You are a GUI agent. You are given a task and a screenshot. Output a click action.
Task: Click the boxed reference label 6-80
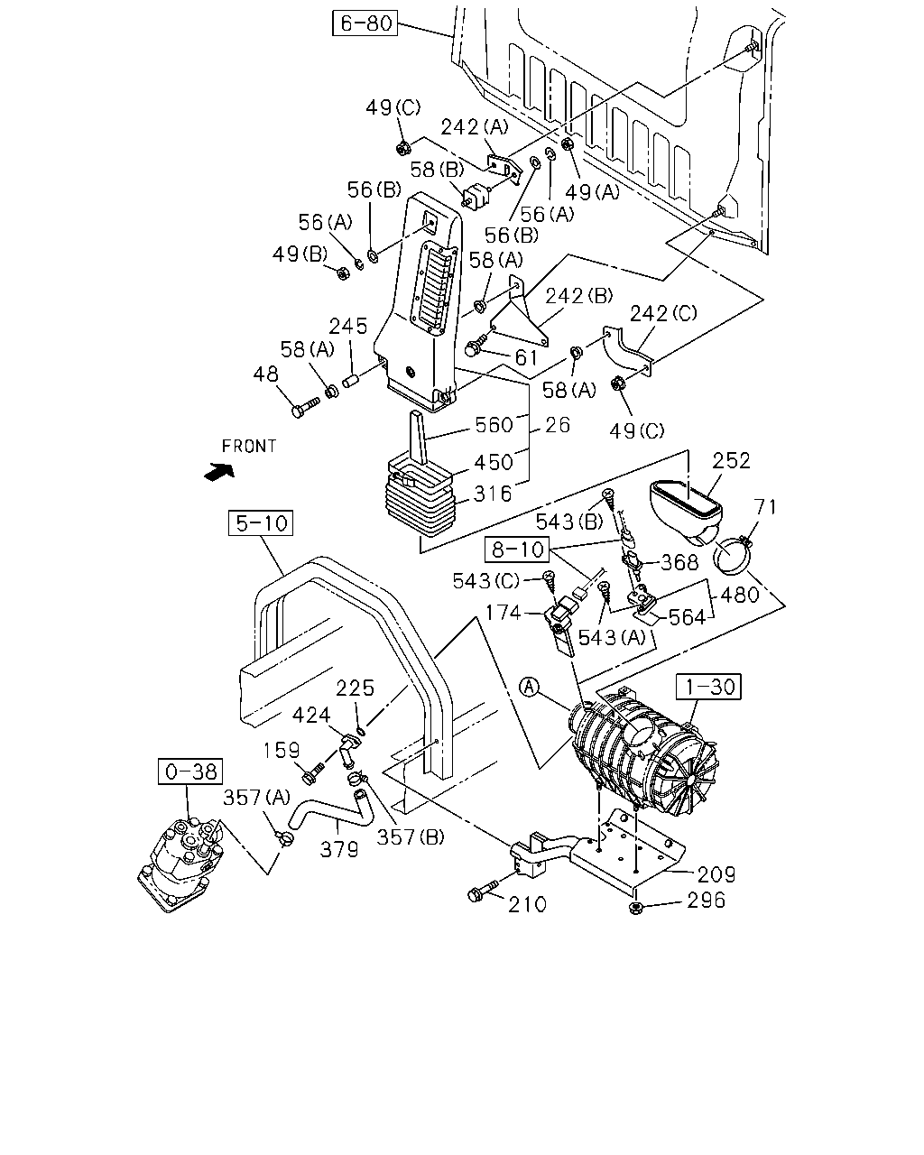tap(365, 23)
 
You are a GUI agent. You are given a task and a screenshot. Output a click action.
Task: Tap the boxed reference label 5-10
tap(261, 522)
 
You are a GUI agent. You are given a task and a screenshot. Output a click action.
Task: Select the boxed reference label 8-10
tap(517, 549)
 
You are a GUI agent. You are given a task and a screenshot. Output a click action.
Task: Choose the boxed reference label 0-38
tap(190, 772)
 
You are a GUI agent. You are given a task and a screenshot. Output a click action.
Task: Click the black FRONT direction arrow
tap(219, 472)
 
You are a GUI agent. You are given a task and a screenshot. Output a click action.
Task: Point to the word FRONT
tap(249, 447)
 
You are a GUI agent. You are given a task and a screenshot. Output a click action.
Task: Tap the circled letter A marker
tap(530, 687)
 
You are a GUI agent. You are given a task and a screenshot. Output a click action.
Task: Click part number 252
tap(731, 461)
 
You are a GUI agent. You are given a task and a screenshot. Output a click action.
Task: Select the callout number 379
tap(339, 849)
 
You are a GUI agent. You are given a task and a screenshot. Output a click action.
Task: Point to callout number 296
tap(707, 901)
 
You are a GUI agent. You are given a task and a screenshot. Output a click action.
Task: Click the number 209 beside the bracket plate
tap(716, 875)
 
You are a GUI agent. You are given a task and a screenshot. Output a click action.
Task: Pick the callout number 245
tap(348, 327)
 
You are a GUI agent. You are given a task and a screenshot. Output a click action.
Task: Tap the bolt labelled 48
tap(305, 406)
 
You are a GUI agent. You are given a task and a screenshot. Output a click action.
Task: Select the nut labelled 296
tap(635, 908)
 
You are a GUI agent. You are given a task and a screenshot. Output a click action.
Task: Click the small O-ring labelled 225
tap(361, 730)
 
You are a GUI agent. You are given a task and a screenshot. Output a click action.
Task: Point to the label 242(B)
tap(579, 296)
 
